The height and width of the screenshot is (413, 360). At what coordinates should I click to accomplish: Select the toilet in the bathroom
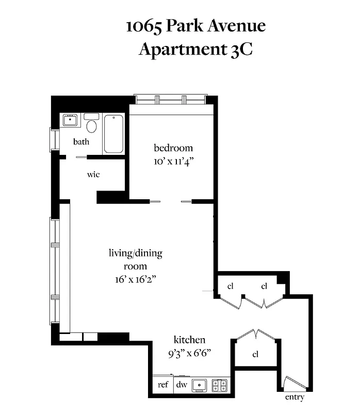tap(92, 125)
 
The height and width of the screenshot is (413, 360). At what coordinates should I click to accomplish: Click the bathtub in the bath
tap(113, 134)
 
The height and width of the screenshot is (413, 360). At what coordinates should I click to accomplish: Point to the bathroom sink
tap(70, 121)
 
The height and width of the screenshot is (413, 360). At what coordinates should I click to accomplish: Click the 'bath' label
tap(81, 141)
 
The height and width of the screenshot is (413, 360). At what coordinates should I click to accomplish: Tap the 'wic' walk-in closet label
tap(93, 174)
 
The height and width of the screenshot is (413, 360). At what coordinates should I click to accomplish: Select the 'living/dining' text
tap(135, 253)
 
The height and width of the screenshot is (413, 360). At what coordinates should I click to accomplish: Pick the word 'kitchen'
tap(189, 340)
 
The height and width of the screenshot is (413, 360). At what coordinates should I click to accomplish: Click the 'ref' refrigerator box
tap(163, 385)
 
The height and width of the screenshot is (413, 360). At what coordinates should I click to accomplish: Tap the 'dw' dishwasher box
tap(182, 385)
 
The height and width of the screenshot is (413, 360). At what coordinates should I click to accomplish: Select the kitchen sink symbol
tap(200, 385)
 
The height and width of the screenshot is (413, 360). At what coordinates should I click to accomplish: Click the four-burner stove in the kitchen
tap(221, 385)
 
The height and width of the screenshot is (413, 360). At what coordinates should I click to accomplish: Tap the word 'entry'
tap(294, 398)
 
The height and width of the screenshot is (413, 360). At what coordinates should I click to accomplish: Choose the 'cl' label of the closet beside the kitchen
tap(255, 355)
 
